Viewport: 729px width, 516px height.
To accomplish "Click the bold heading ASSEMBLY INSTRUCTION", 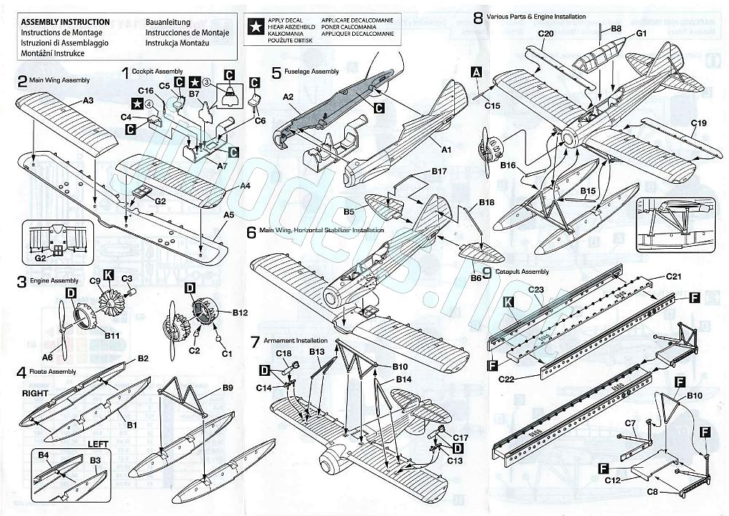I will tap(66, 23).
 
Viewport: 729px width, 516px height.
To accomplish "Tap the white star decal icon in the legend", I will tap(257, 27).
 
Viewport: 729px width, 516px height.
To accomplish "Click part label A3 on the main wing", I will tap(87, 99).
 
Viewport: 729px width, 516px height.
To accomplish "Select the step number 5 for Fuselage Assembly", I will tap(276, 72).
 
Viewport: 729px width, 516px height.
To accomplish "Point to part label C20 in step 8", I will tap(546, 34).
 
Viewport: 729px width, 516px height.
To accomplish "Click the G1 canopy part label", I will tap(642, 34).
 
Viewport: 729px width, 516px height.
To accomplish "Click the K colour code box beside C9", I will tap(109, 274).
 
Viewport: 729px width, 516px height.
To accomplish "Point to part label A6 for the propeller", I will tap(48, 357).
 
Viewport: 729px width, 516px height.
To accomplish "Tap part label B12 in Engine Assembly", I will tap(241, 312).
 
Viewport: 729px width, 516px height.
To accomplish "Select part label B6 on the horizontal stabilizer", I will tap(476, 277).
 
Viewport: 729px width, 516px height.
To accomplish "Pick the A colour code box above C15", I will tap(477, 72).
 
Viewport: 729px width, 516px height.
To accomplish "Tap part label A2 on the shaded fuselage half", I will tap(288, 96).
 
